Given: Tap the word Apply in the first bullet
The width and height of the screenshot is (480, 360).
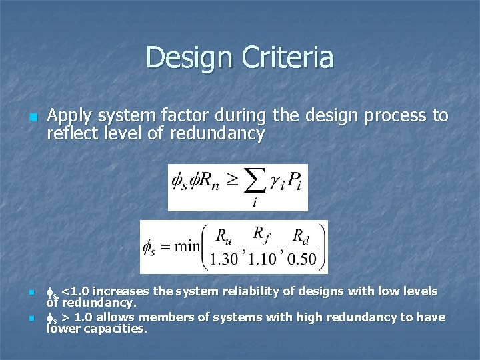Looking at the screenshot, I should tap(69, 117).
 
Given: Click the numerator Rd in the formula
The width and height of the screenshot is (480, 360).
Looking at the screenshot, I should tap(302, 235).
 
